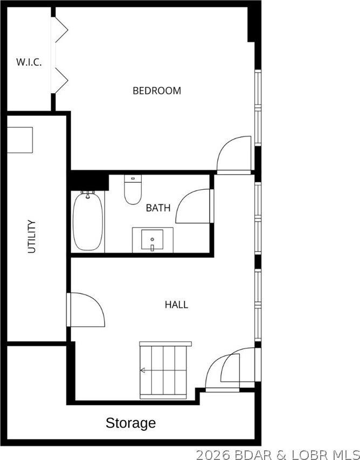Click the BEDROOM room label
[157, 91]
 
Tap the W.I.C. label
[29, 62]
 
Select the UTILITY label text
[32, 236]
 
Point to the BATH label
[158, 208]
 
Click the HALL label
[176, 305]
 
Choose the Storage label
[130, 423]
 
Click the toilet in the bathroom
[133, 189]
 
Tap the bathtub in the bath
[88, 221]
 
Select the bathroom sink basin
[152, 239]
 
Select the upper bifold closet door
[61, 30]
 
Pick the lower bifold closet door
[61, 80]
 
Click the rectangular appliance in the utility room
[19, 140]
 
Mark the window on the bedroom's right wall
[258, 107]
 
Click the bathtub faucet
[88, 194]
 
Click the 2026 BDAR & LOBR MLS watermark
[278, 455]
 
